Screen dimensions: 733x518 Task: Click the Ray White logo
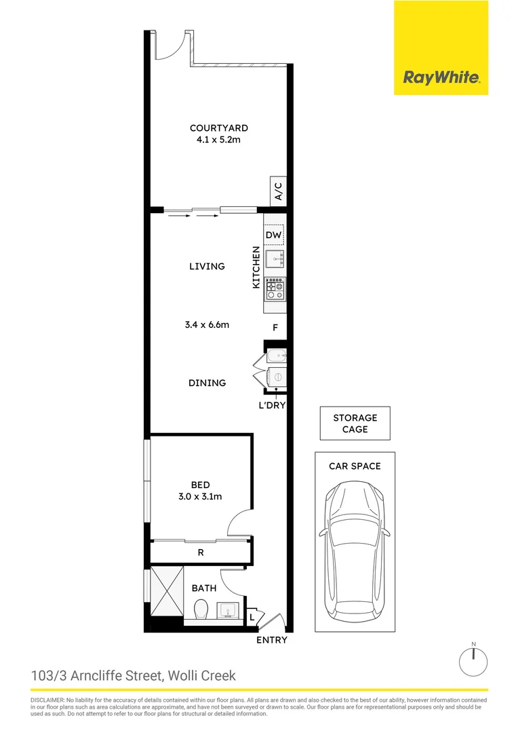tap(441, 77)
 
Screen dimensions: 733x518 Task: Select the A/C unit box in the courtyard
tap(278, 191)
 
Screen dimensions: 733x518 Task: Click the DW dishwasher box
tap(274, 235)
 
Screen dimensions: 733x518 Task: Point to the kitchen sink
tap(275, 259)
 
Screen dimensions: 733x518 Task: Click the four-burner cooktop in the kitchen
tap(275, 290)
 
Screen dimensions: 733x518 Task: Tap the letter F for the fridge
tap(275, 328)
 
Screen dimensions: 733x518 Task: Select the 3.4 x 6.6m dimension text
tap(207, 324)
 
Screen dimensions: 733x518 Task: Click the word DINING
tap(207, 383)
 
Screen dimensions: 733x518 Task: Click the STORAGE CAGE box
tap(355, 424)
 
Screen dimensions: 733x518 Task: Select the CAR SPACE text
tap(355, 466)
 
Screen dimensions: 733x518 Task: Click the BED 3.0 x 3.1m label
tap(200, 491)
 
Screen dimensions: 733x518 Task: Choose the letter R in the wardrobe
tap(200, 552)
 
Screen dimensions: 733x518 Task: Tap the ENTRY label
tap(272, 640)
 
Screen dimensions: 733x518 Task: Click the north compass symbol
tap(474, 659)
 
